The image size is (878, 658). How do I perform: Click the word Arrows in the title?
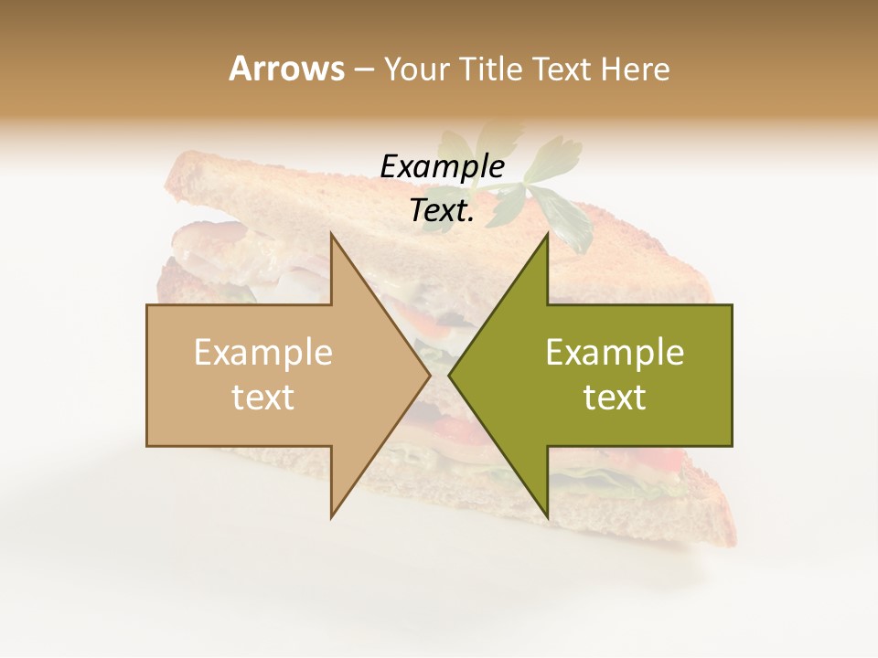click(286, 69)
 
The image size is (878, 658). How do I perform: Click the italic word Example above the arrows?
click(442, 167)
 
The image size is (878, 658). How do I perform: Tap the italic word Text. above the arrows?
click(442, 211)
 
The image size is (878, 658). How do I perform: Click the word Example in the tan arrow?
click(263, 353)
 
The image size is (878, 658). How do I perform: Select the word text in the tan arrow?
click(263, 398)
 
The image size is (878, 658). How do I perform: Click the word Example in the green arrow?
click(615, 353)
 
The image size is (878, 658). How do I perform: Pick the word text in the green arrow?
click(615, 398)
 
